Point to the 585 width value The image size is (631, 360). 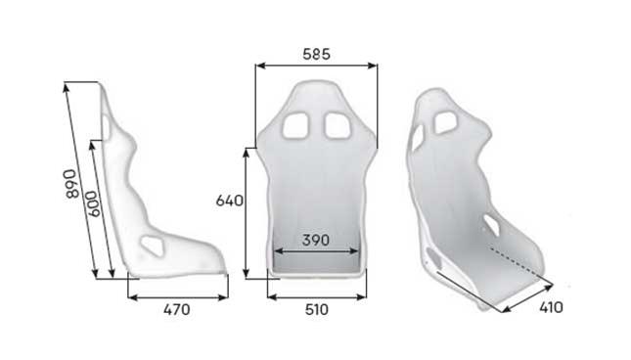(316, 55)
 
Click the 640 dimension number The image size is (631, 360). (229, 201)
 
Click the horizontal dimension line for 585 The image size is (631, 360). (316, 67)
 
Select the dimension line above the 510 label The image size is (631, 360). (316, 295)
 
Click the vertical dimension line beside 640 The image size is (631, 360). (246, 211)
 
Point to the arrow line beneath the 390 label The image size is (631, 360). (315, 251)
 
